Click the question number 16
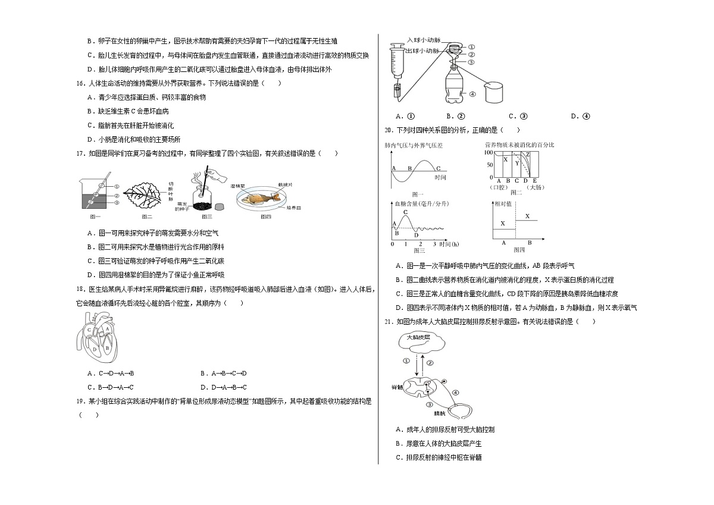point(81,83)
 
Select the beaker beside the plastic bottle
point(494,92)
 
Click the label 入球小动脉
point(424,40)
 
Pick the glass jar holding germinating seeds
point(202,198)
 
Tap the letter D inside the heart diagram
point(95,350)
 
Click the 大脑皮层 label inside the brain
point(418,337)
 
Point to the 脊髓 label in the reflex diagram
point(397,387)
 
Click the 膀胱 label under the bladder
point(440,413)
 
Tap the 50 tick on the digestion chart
point(490,165)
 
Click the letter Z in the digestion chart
point(528,155)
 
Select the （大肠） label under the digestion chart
point(535,187)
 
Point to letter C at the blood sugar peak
point(405,212)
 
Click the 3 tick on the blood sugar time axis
point(434,244)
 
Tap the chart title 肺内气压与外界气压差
point(414,146)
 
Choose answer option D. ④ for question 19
point(581,117)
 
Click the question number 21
point(389,322)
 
